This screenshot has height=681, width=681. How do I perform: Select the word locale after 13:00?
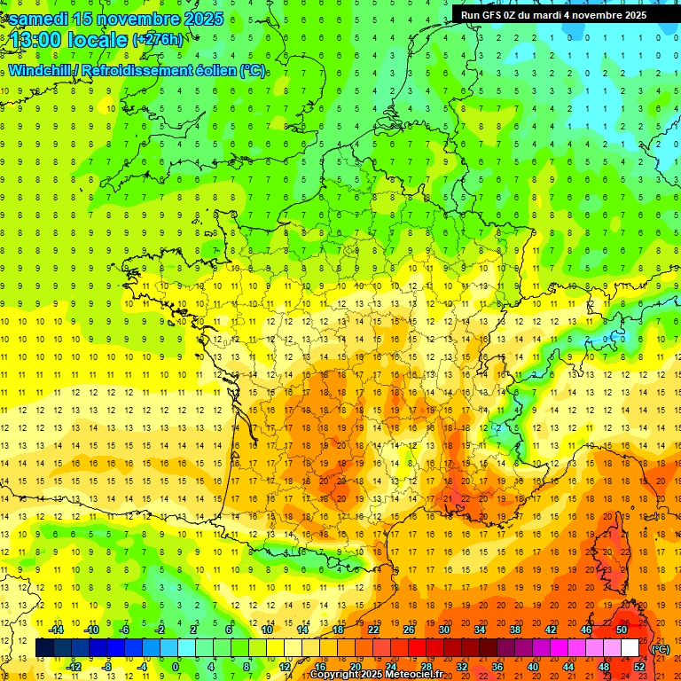coord(97,40)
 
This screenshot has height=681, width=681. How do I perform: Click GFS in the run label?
coord(495,15)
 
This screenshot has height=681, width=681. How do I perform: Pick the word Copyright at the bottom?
coord(333,675)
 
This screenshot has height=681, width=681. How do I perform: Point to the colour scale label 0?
coord(176,667)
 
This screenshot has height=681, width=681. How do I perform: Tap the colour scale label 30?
coord(443,630)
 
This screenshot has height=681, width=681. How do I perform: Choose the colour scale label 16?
coord(319,667)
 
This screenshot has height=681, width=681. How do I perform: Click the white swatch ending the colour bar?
coord(630,648)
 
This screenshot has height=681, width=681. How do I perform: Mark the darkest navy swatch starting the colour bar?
coord(44,648)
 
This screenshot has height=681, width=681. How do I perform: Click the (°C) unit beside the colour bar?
coord(661,649)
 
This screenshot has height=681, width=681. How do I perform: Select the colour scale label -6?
coord(124,630)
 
